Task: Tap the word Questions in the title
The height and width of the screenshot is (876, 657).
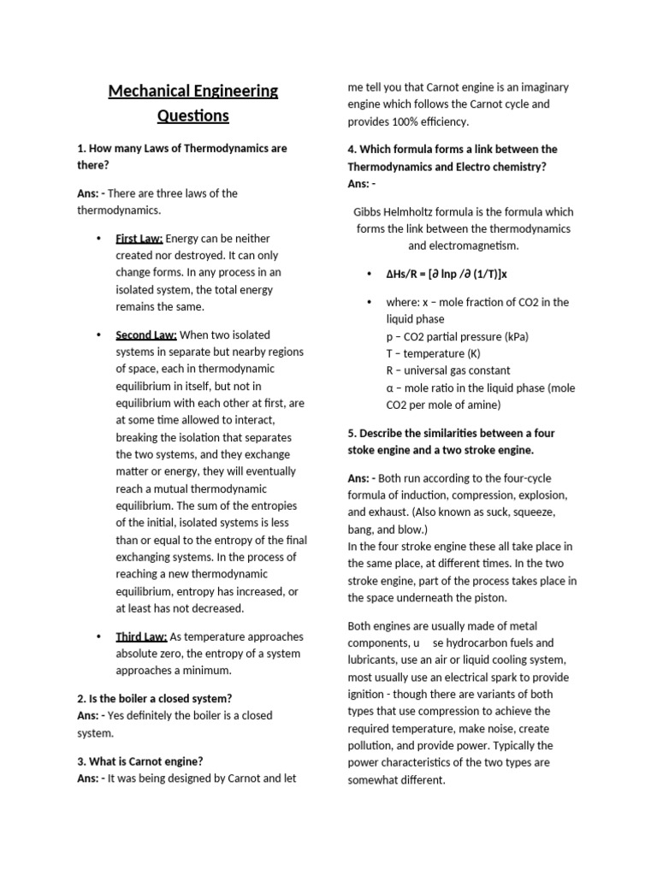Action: tap(193, 115)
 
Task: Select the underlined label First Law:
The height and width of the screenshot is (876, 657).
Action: tap(139, 238)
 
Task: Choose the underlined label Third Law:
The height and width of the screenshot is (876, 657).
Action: tap(141, 636)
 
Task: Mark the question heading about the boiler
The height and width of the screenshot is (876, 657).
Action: tap(155, 698)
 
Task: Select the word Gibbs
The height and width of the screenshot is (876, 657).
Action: tap(370, 211)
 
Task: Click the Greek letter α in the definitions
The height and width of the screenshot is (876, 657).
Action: tap(390, 388)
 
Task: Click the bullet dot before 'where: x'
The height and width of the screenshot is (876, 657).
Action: tap(369, 302)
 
